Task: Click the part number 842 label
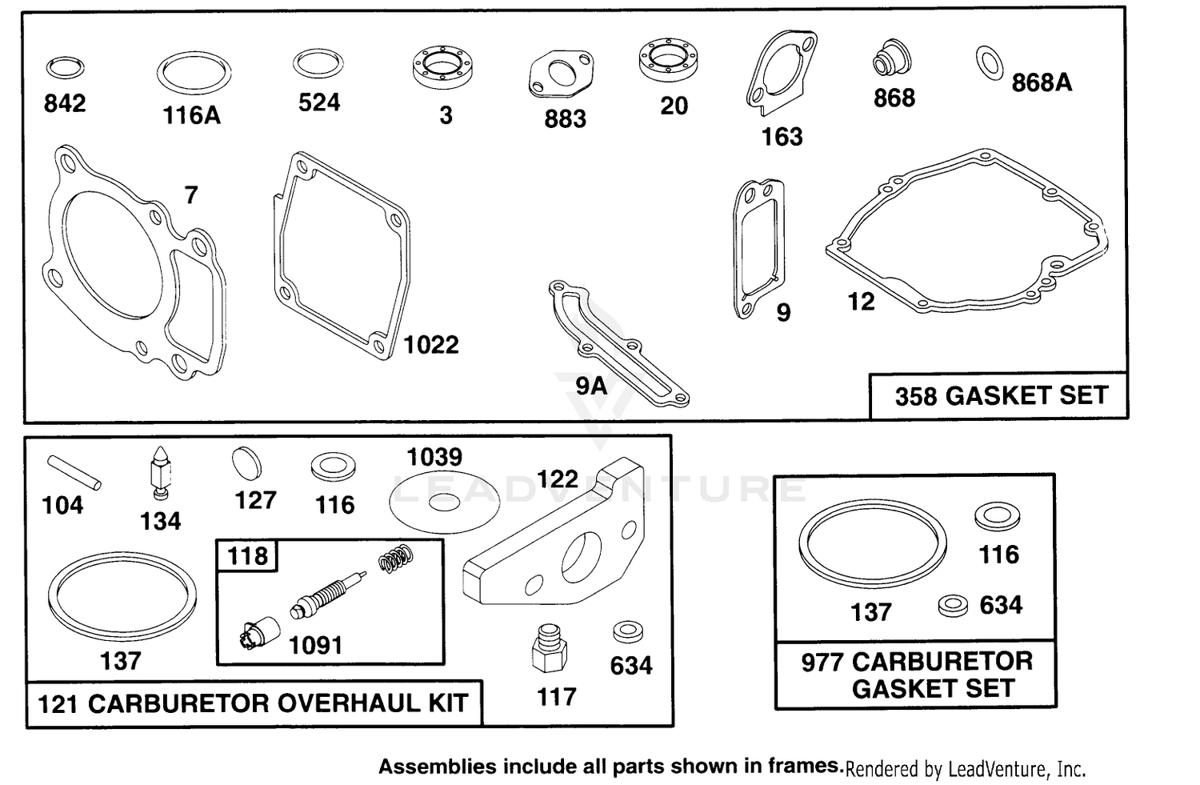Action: point(65,103)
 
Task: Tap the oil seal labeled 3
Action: point(442,67)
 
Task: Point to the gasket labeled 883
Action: point(561,74)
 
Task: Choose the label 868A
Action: point(1042,83)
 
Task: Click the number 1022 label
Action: point(430,345)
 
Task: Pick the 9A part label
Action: point(591,386)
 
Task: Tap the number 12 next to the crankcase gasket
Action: point(861,302)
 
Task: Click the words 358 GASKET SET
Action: point(1002,396)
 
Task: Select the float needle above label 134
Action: point(160,470)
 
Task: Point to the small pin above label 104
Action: point(74,472)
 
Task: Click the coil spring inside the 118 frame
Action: point(396,559)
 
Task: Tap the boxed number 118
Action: point(247,556)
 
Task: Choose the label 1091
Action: point(315,645)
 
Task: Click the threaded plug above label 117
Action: point(549,648)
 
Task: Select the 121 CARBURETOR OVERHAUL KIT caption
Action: point(254,703)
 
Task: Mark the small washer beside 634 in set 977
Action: point(953,606)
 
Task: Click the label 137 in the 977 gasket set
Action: point(871,612)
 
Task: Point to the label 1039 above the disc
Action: point(434,457)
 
